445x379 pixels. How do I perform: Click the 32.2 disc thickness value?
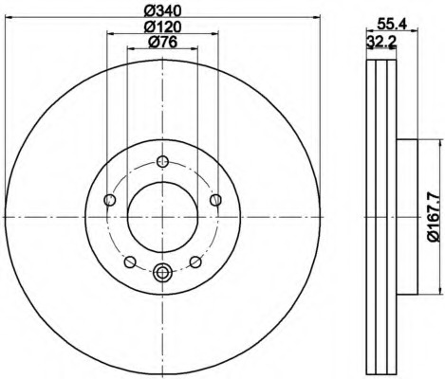[380, 41]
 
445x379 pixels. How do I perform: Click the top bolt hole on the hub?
[162, 160]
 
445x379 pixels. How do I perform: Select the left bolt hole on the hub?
[109, 200]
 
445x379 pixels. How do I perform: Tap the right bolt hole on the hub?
[215, 200]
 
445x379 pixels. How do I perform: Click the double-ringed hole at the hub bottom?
[162, 273]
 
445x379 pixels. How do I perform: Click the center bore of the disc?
[162, 217]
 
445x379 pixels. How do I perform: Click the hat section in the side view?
[405, 217]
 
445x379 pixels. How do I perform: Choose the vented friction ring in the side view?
[380, 217]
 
